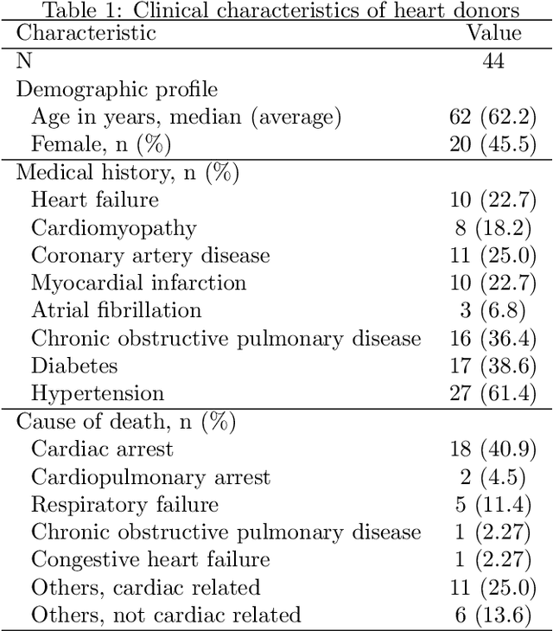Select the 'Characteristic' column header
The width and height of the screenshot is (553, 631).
[86, 34]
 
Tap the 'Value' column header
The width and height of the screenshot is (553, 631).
[494, 34]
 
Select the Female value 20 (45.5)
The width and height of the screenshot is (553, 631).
[493, 144]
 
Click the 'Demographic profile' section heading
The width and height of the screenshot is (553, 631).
[117, 89]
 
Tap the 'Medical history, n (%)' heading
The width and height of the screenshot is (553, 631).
[127, 172]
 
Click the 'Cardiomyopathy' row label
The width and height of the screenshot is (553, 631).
[114, 228]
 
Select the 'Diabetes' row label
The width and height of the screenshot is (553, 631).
[74, 366]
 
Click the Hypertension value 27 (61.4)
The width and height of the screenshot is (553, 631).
[493, 393]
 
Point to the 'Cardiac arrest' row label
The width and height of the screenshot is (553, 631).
[102, 449]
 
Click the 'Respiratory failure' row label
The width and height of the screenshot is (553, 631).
[124, 504]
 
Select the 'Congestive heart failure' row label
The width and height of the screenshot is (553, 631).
[150, 559]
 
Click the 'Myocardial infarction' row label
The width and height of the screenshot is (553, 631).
[138, 283]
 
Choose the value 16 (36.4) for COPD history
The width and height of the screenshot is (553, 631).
[493, 338]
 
